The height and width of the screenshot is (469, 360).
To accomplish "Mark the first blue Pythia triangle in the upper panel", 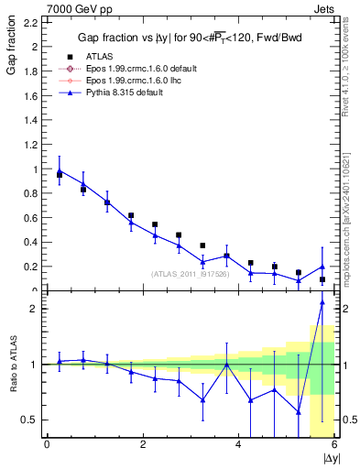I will click(60, 169).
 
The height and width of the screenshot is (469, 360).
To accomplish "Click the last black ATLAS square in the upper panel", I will click(322, 279).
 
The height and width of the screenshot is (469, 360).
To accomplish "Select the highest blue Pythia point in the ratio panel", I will click(322, 302).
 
